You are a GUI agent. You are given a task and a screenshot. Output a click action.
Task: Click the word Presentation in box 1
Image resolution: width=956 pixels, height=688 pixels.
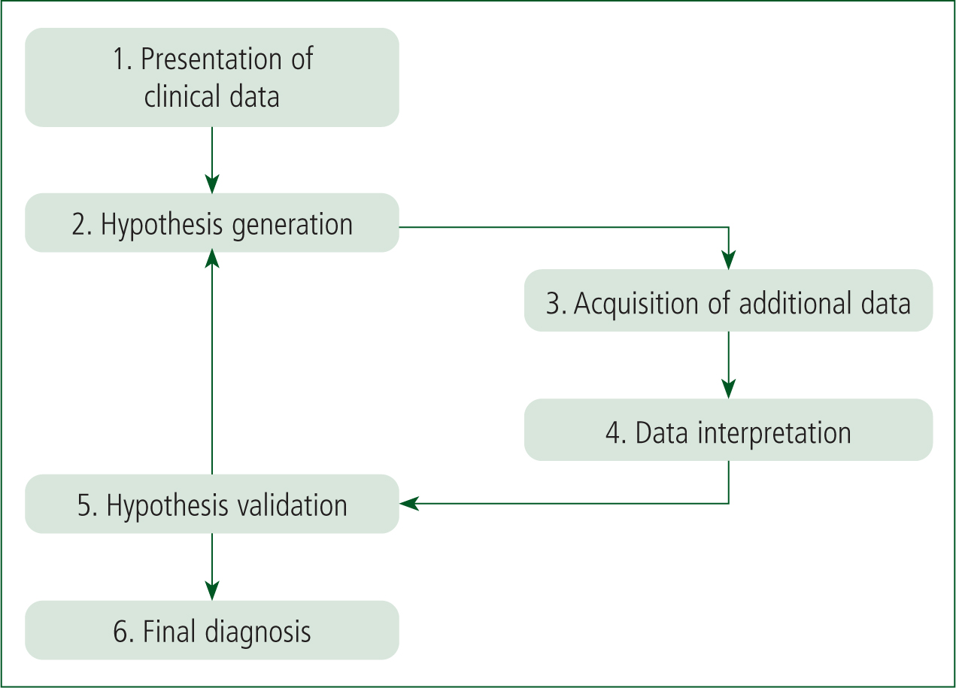211,59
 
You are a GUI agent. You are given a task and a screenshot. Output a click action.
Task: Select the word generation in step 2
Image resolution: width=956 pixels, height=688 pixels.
293,226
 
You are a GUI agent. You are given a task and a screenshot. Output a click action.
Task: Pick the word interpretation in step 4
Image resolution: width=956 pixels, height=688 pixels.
774,434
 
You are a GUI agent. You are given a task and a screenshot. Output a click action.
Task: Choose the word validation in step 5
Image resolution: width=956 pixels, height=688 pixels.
293,505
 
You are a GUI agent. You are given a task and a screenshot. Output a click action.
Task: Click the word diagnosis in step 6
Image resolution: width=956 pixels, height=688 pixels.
258,632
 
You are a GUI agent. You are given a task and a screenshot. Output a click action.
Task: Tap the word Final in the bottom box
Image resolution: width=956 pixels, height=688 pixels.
169,632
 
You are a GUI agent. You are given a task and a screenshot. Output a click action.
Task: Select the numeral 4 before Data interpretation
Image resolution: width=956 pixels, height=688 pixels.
613,432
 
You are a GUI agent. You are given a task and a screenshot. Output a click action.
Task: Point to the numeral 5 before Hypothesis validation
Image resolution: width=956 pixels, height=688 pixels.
84,505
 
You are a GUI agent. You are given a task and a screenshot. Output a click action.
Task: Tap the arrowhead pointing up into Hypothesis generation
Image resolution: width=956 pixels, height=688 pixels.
212,259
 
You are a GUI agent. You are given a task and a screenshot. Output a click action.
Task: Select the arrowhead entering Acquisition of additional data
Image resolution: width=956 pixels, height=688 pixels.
729,260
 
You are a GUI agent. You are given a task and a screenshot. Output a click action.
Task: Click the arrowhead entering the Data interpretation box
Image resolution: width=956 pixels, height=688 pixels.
729,389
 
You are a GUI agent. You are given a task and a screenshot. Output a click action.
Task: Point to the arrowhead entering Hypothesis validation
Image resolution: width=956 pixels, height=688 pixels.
409,503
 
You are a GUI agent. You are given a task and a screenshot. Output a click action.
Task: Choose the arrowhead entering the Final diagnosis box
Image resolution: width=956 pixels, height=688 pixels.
212,591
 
